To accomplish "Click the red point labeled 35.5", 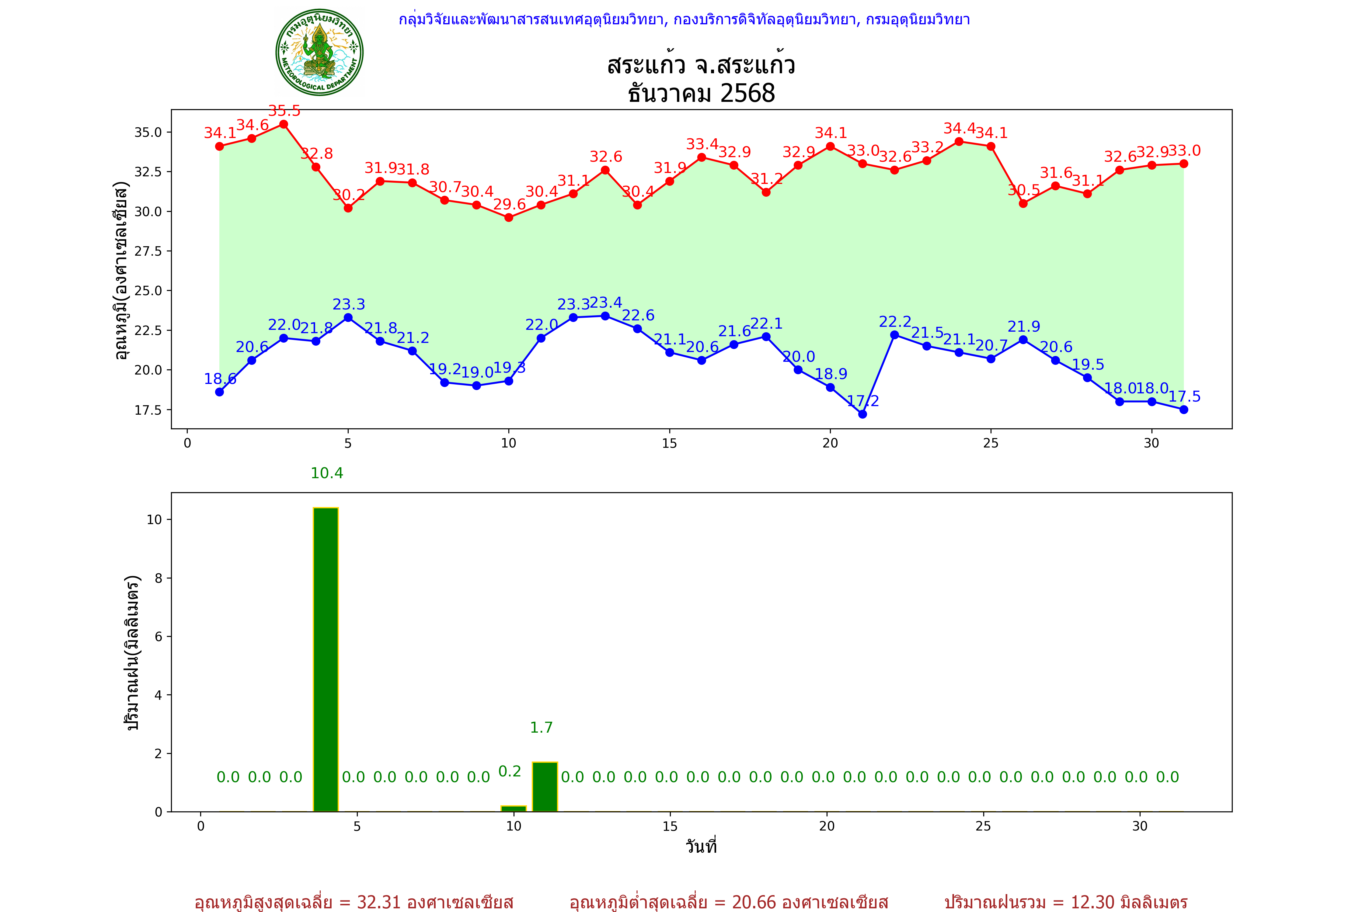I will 284,124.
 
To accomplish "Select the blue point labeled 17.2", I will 862,414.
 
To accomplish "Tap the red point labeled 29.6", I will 509,218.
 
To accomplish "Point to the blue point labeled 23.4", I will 605,316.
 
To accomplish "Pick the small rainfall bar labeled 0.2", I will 514,808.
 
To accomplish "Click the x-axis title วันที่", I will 701,846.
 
